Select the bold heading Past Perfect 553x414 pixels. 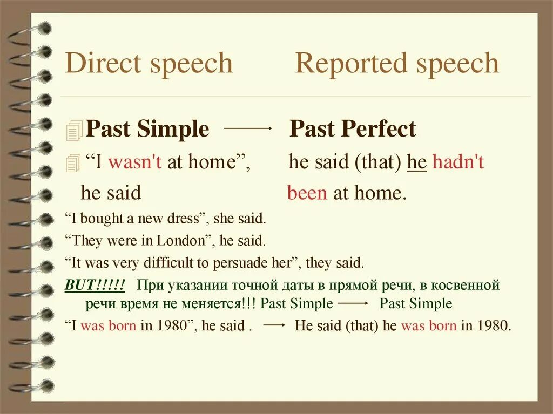click(x=353, y=130)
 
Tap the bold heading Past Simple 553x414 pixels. click(x=147, y=130)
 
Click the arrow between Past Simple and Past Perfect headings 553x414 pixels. click(x=248, y=128)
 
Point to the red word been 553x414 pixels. click(x=307, y=193)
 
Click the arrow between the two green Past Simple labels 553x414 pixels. click(x=355, y=303)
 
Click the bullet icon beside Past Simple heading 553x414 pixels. click(x=75, y=131)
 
